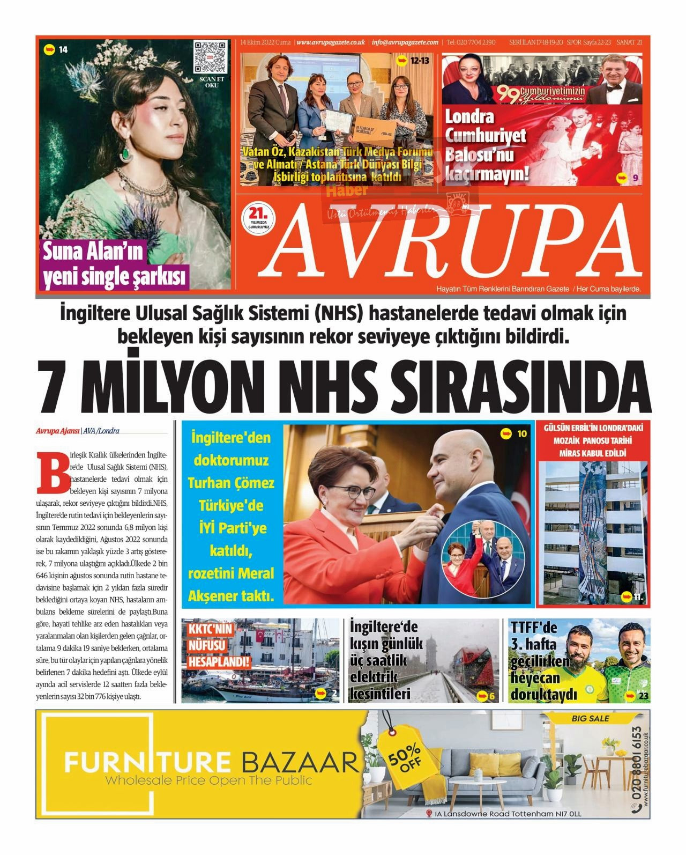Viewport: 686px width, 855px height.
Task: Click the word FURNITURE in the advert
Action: click(x=148, y=762)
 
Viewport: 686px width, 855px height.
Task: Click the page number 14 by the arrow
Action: click(x=63, y=50)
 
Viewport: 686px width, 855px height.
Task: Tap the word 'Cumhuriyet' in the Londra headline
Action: click(x=486, y=136)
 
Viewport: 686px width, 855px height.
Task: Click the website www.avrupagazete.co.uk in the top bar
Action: click(x=330, y=42)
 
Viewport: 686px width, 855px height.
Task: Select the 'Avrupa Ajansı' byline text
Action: click(x=57, y=430)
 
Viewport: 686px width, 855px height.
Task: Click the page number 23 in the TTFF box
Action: click(x=644, y=696)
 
